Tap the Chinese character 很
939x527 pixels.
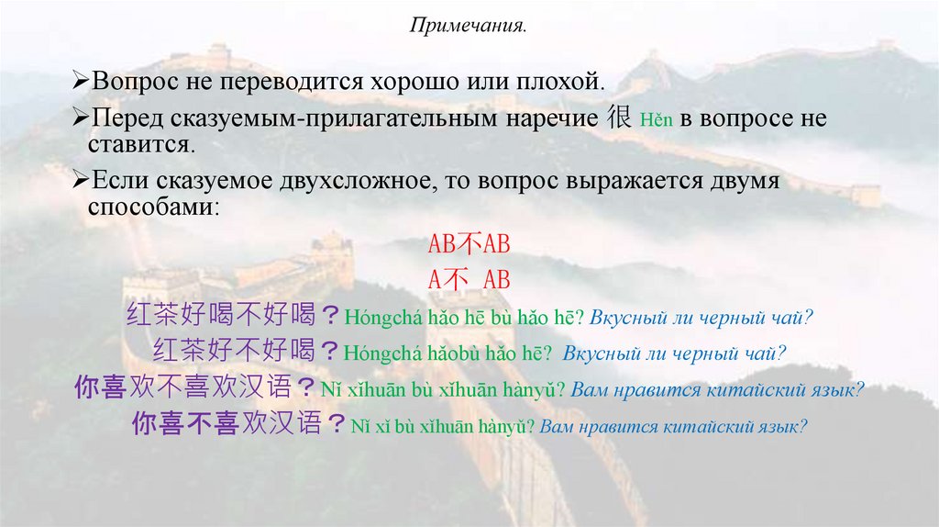tap(621, 118)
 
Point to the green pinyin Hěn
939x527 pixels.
tap(655, 120)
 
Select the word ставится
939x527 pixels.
tap(141, 145)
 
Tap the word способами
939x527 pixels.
tap(154, 207)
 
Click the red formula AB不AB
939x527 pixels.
tap(469, 245)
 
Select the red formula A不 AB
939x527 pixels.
tap(469, 279)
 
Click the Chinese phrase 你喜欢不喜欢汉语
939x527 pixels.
tap(195, 387)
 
